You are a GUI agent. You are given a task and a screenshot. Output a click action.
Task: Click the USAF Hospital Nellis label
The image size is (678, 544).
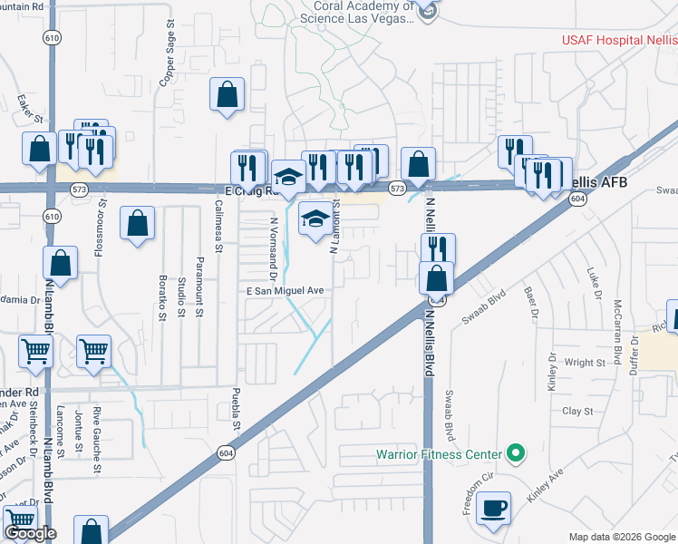point(618,40)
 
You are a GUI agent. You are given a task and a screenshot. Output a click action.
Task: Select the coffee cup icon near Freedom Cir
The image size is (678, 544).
point(493,510)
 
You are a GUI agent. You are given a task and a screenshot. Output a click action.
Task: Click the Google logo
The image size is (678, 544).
point(30,534)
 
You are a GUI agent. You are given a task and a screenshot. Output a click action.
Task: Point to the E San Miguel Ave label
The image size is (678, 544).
point(286,290)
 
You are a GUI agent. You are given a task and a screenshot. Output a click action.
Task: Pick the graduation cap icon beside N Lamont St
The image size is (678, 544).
point(315,219)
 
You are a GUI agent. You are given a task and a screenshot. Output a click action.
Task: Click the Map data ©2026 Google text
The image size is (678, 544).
point(622,537)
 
